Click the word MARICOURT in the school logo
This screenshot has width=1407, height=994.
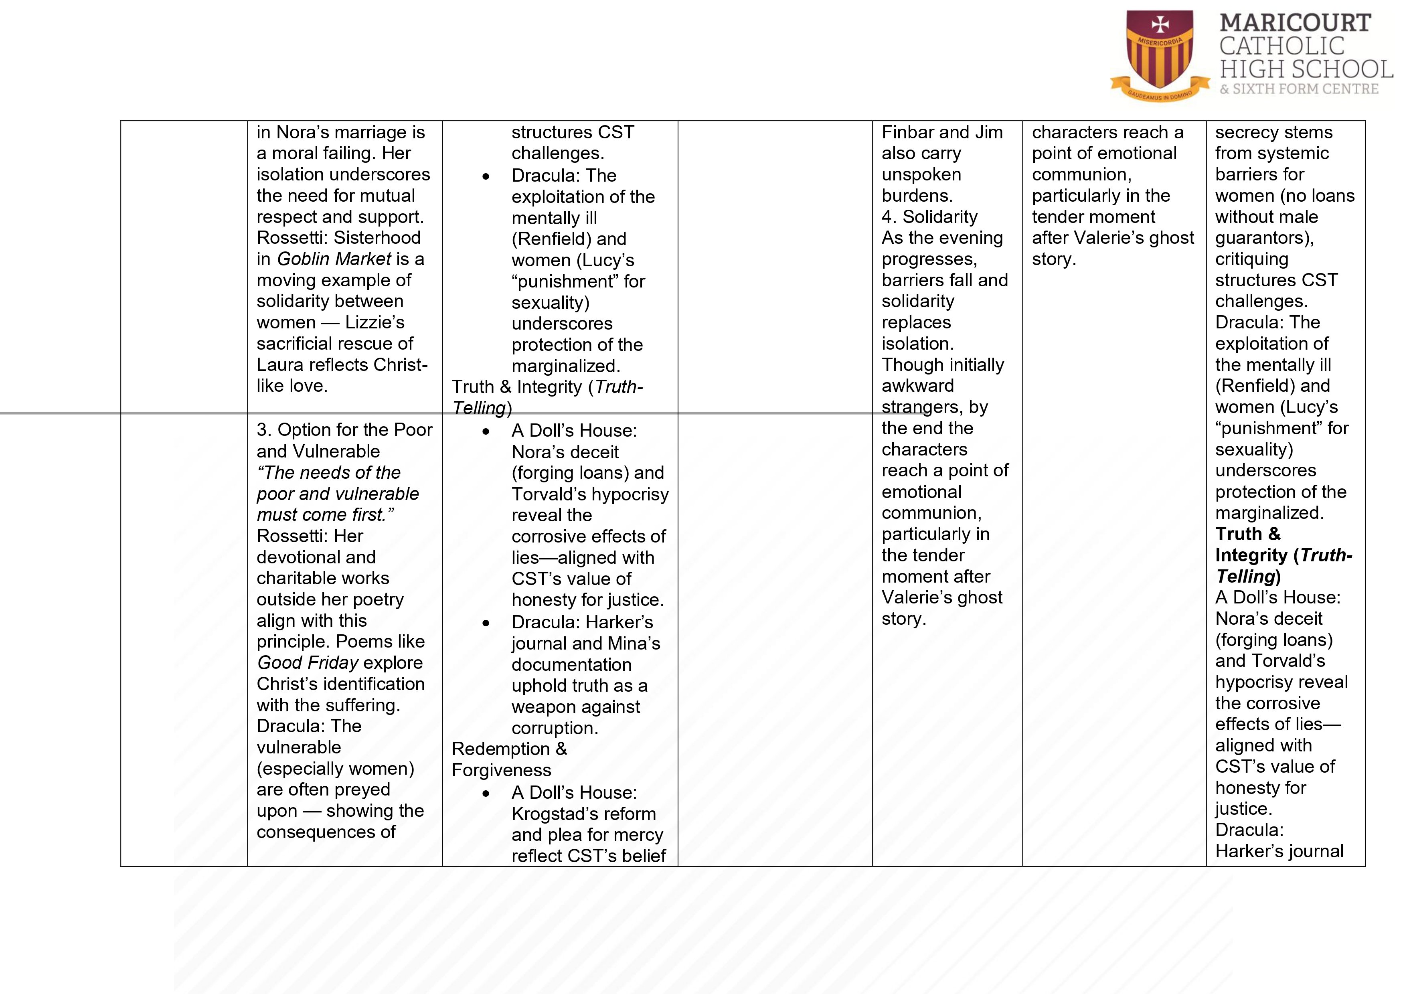(1295, 23)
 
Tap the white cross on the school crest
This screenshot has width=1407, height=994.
(1160, 25)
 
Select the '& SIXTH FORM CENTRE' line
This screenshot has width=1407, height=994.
(1298, 89)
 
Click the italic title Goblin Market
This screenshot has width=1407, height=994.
(334, 259)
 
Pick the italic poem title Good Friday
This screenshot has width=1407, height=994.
(308, 662)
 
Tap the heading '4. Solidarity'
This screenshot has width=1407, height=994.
(929, 217)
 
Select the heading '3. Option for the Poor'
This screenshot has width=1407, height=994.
(344, 429)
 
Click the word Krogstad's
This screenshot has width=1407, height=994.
(583, 814)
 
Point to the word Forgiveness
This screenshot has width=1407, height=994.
(501, 770)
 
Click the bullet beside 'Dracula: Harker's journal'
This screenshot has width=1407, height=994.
(486, 623)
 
